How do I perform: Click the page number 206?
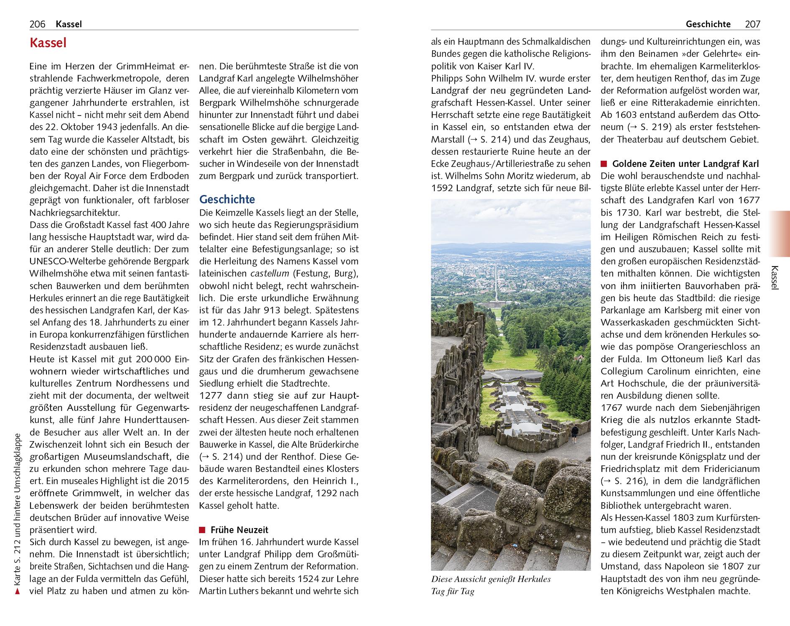pos(37,24)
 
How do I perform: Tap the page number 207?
pos(752,24)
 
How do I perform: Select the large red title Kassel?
pos(48,43)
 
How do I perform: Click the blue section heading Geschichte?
pos(227,199)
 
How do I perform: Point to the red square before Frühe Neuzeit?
pos(202,530)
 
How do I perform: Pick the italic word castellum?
pos(270,274)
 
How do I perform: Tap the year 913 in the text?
pos(312,310)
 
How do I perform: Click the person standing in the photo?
pos(575,434)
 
